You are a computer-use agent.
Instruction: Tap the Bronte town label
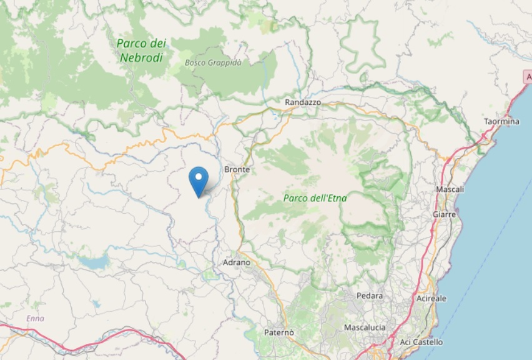point(237,169)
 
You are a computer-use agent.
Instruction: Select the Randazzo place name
point(302,102)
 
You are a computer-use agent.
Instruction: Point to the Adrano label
point(236,262)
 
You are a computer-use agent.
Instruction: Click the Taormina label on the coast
point(501,121)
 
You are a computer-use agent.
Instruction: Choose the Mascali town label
point(450,189)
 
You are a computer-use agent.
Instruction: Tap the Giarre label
point(444,214)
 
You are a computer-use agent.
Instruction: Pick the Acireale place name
point(431,298)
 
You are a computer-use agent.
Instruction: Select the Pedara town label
point(369,296)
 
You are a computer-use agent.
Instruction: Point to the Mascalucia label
point(365,327)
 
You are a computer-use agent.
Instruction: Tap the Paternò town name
point(278,332)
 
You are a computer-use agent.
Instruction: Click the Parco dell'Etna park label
point(315,198)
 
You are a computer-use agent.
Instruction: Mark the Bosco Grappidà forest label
point(213,62)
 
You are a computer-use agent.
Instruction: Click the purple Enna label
point(35,319)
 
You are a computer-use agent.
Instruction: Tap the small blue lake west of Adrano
point(94,262)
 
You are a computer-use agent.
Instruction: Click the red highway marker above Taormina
point(528,76)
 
